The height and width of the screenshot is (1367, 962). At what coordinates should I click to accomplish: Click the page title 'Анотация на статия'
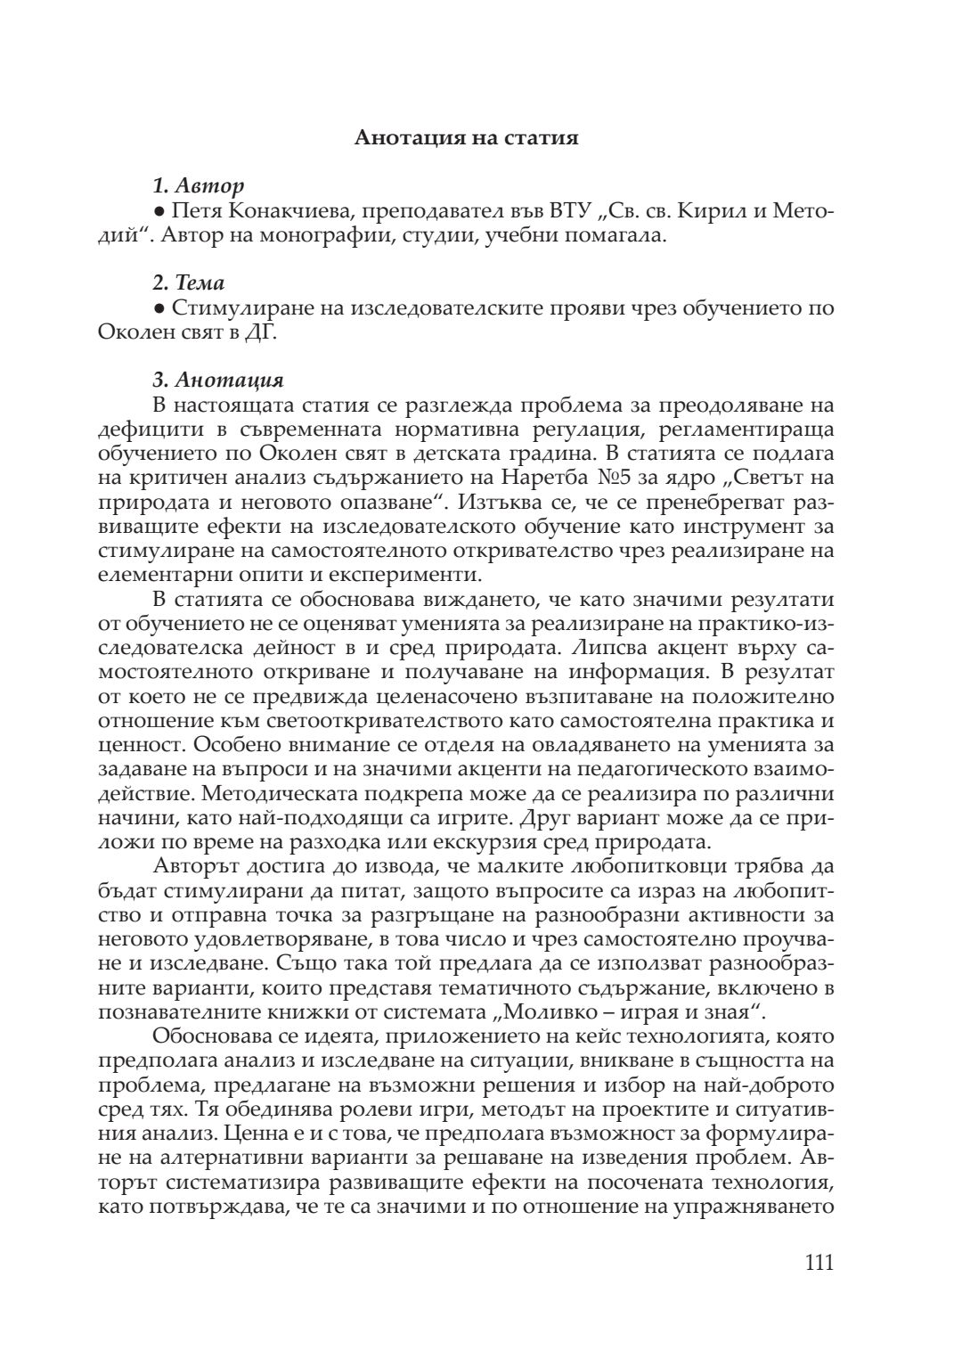click(467, 138)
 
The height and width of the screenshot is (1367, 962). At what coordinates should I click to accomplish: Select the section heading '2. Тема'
click(188, 283)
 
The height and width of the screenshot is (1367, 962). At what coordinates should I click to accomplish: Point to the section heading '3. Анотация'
click(218, 381)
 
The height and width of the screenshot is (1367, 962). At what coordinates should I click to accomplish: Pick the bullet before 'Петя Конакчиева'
click(159, 212)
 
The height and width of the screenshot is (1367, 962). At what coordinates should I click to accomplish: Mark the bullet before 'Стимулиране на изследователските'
click(159, 309)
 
